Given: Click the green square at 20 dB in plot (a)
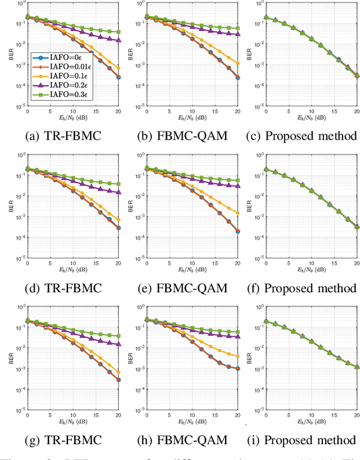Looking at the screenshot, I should click(118, 32).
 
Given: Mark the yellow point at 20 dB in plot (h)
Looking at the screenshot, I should click(237, 356).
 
